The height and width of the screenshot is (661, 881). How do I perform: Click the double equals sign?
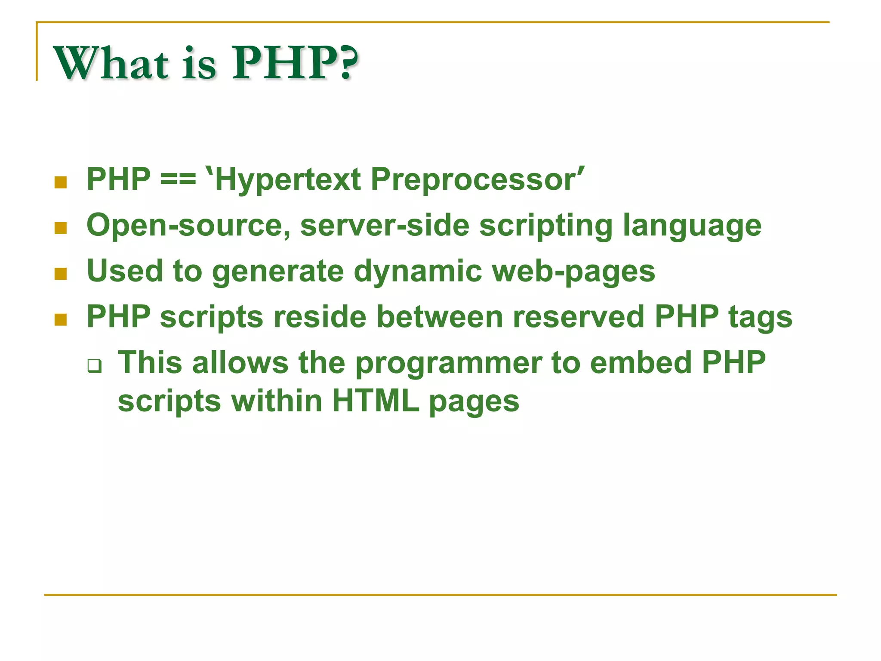[x=178, y=179]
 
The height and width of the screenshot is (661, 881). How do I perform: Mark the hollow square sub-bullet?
[x=95, y=366]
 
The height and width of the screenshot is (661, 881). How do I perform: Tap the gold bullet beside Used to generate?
[x=61, y=274]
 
